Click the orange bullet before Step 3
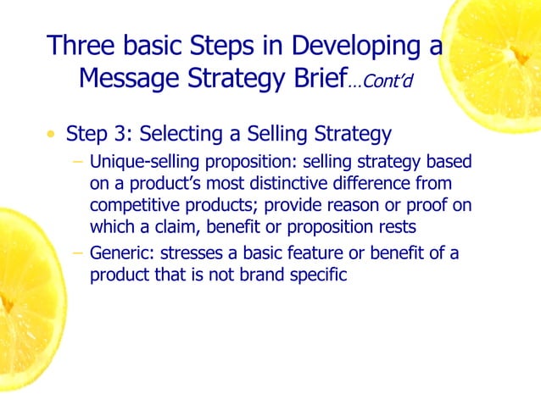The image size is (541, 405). coord(53,135)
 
